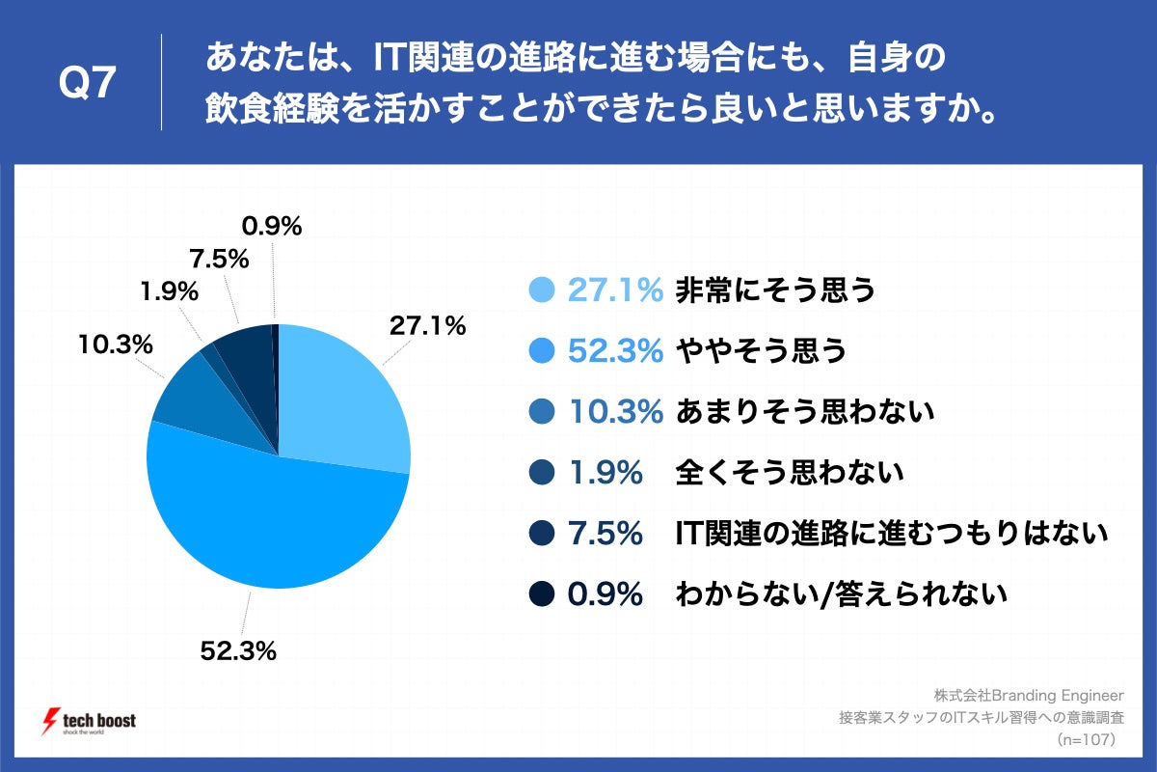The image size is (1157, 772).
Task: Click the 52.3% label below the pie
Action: (x=238, y=651)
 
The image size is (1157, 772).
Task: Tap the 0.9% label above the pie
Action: (x=272, y=227)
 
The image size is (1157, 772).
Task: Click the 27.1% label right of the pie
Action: (x=427, y=326)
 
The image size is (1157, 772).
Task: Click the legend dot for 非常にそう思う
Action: (x=543, y=289)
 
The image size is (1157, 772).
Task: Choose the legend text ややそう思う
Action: (x=761, y=351)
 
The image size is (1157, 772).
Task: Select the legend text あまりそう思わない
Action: (x=805, y=412)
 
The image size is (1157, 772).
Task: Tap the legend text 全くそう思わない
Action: (x=790, y=473)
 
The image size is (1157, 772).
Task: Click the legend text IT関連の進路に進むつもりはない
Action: (x=891, y=534)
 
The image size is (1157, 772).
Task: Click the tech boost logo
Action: (x=92, y=722)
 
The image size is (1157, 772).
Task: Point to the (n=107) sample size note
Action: (x=1085, y=740)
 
